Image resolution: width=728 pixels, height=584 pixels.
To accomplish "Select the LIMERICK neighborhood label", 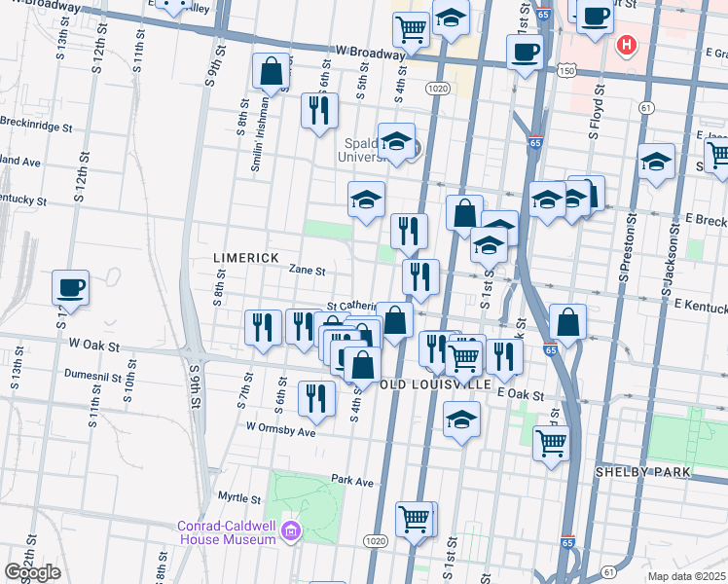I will tap(246, 258).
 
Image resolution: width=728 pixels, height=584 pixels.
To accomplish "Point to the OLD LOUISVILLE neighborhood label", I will tap(434, 384).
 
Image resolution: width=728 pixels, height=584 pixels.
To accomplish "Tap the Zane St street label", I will tap(306, 273).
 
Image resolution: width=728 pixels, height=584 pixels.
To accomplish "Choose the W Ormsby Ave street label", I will tap(281, 429).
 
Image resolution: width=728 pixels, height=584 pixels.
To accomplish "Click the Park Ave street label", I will tap(352, 481).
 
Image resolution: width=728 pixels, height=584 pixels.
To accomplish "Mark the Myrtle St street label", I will tap(241, 498).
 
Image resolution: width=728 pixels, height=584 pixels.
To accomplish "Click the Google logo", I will tap(32, 572).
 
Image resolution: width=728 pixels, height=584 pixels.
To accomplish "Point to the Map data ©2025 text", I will tap(687, 576).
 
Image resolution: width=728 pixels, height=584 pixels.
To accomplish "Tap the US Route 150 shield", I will tap(565, 70).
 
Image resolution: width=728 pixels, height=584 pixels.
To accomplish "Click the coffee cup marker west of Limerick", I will tap(71, 287).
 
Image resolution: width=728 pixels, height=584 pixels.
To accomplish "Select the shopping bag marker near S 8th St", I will tap(271, 71).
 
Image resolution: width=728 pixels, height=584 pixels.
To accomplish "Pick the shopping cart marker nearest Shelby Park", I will tap(552, 443).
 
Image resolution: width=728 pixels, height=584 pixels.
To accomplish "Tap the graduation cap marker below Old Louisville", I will tap(461, 420).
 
